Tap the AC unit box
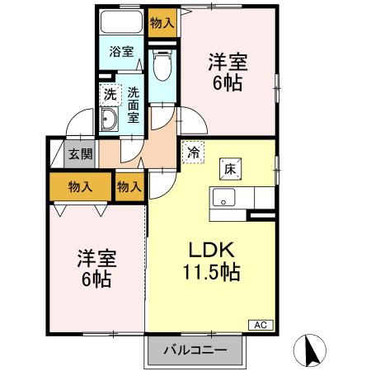point(259,325)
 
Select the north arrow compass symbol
point(312,350)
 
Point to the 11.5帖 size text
point(212,271)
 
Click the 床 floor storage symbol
point(229,168)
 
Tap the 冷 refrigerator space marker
point(192,153)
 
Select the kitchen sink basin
point(224,198)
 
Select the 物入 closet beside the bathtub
point(162,23)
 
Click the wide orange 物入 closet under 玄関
point(80,187)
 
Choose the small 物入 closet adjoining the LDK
point(129,187)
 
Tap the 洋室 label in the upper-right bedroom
point(228,61)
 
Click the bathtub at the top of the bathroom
point(122,24)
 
